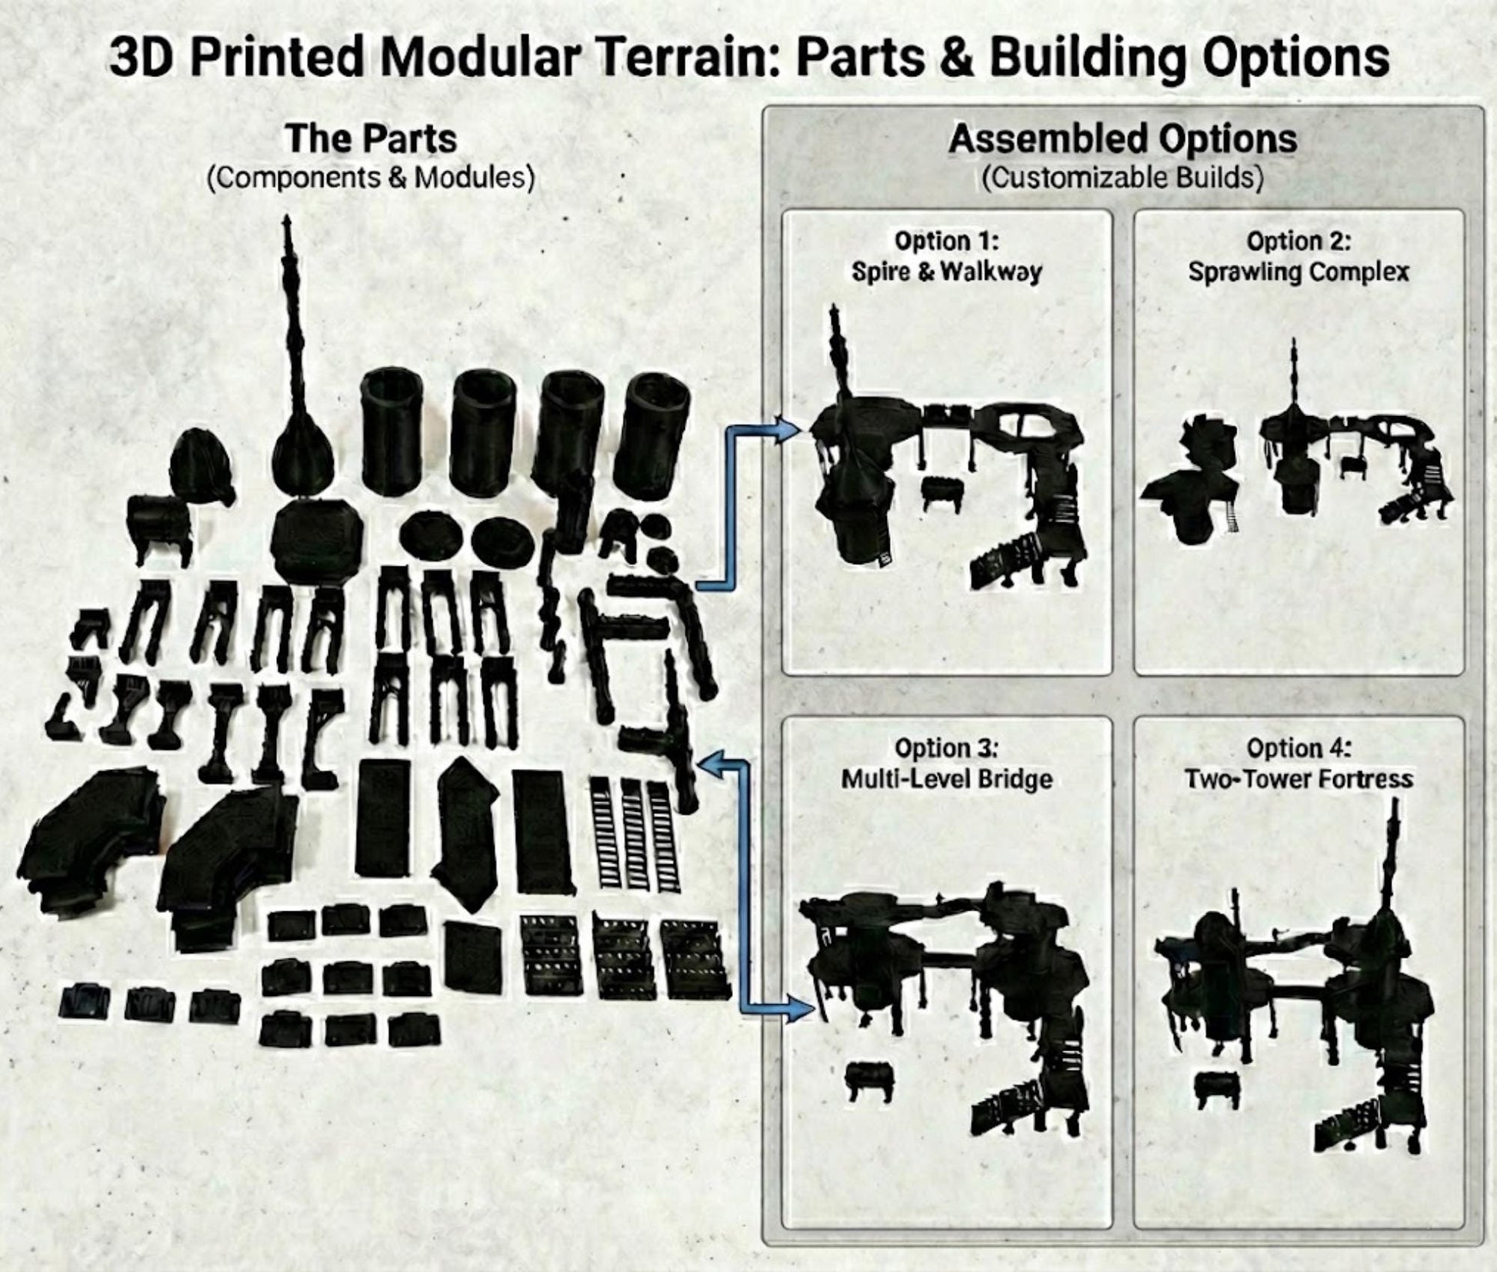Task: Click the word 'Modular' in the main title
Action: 476,58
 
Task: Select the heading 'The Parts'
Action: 371,139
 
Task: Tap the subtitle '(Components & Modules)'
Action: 371,178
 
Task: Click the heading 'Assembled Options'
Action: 1122,139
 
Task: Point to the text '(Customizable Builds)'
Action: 1122,178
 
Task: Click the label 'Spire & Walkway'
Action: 946,272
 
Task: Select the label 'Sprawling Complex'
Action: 1299,272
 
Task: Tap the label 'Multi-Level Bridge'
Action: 946,779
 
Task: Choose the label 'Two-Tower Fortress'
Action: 1299,779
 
